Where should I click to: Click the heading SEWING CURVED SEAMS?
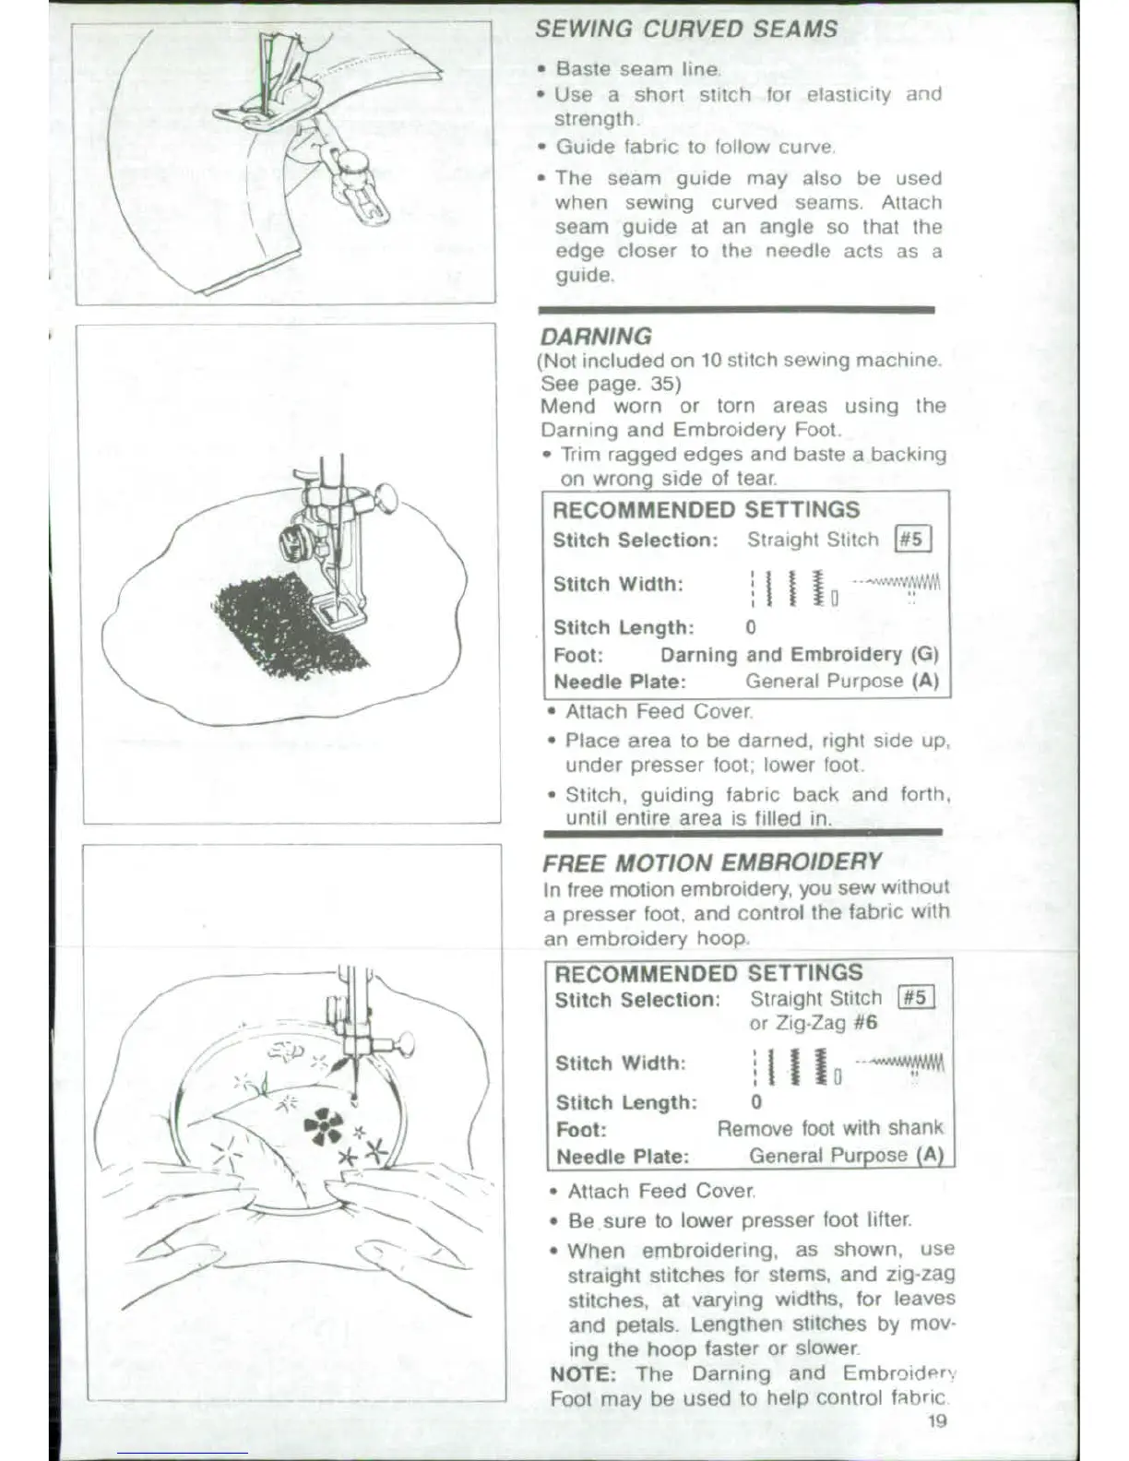[x=685, y=29]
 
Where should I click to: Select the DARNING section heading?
[x=596, y=337]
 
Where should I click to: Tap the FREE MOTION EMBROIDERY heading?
[x=712, y=863]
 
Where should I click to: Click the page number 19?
[x=937, y=1420]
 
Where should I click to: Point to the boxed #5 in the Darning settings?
[x=912, y=540]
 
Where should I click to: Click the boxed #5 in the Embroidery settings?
[x=916, y=998]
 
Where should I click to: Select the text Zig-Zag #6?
[x=814, y=1023]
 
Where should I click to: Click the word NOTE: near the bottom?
[x=583, y=1373]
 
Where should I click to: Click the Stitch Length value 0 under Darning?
[x=751, y=628]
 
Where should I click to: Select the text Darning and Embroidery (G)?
[x=799, y=655]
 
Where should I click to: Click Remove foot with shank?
[x=829, y=1128]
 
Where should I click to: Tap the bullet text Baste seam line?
[x=637, y=69]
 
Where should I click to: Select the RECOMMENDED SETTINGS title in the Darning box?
[x=706, y=510]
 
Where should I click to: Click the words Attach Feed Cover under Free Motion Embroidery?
[x=661, y=1192]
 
